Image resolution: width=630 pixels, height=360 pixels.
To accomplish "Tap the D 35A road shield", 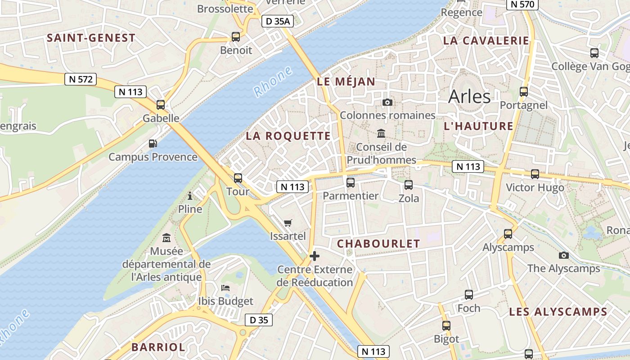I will point(278,21).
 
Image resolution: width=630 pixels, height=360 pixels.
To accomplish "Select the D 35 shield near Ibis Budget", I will point(259,320).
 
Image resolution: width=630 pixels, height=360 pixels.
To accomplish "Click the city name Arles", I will point(469,96).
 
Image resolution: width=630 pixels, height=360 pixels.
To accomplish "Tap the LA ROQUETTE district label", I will point(288,136).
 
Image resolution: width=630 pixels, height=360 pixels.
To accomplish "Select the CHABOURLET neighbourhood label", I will point(378,244).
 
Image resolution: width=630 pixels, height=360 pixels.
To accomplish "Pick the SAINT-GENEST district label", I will point(91,38).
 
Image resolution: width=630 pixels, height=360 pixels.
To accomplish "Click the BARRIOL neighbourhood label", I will point(158,347).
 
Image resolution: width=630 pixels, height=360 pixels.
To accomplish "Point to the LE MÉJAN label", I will point(346,81).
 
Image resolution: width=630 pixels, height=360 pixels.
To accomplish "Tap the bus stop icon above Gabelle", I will point(161,105).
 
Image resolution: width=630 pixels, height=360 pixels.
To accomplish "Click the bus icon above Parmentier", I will point(351,183).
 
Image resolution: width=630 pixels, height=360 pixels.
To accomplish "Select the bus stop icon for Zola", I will point(409,184).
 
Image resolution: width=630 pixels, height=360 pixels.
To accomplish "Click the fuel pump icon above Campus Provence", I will point(153,144).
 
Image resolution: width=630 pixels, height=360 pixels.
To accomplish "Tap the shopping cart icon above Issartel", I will point(288,223).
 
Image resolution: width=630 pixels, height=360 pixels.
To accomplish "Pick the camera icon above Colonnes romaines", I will point(387,103).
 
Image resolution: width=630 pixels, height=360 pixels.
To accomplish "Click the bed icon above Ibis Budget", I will point(225,288).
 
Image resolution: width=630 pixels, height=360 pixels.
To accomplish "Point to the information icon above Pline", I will point(190,196).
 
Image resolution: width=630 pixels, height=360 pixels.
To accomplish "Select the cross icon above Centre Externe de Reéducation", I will point(315,256).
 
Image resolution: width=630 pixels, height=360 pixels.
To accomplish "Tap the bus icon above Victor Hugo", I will point(535,174).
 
